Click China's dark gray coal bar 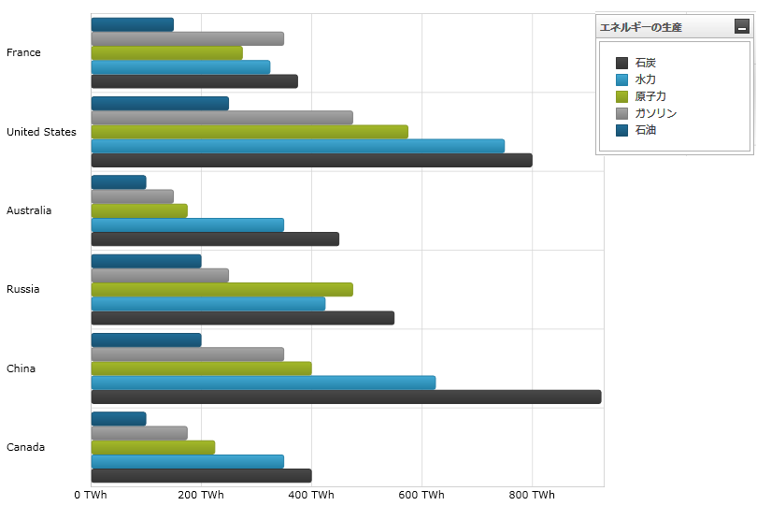(346, 397)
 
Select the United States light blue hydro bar (297, 146)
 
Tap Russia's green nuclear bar (221, 289)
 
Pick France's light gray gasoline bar (187, 38)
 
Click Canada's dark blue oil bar (119, 418)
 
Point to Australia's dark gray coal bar (215, 238)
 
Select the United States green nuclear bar (250, 132)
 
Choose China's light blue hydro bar (263, 383)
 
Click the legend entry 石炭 (645, 63)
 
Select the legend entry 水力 (645, 79)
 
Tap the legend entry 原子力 (650, 96)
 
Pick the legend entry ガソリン (654, 113)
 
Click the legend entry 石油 (645, 130)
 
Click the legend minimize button (742, 27)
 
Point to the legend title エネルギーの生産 (641, 27)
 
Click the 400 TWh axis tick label (311, 495)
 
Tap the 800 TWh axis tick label (532, 495)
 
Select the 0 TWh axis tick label (91, 495)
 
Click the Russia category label (23, 289)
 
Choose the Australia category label (29, 210)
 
